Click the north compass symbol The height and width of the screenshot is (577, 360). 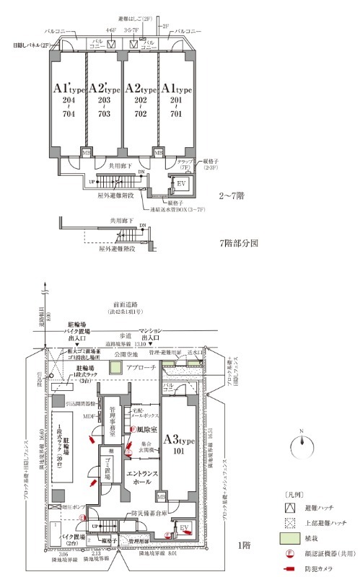[300, 444]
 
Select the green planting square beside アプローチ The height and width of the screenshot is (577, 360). [115, 368]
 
